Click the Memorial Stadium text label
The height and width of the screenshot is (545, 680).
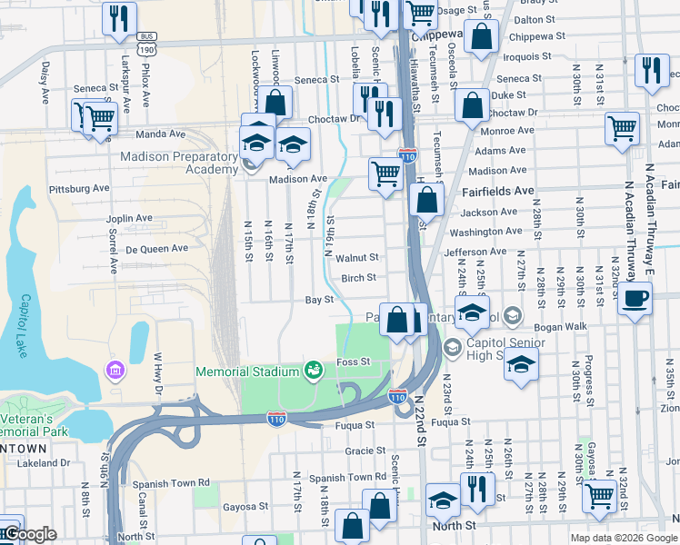(248, 372)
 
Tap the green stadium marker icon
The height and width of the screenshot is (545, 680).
(314, 370)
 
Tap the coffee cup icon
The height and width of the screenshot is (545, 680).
(635, 298)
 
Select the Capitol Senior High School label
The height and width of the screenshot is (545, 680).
(495, 349)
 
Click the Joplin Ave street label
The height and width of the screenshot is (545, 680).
(129, 218)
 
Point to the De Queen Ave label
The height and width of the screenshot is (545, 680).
(156, 248)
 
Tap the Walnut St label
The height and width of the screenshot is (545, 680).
(356, 258)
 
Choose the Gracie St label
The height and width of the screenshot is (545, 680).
(366, 451)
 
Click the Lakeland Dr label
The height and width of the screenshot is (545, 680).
(43, 462)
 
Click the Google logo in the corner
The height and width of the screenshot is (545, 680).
(30, 534)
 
